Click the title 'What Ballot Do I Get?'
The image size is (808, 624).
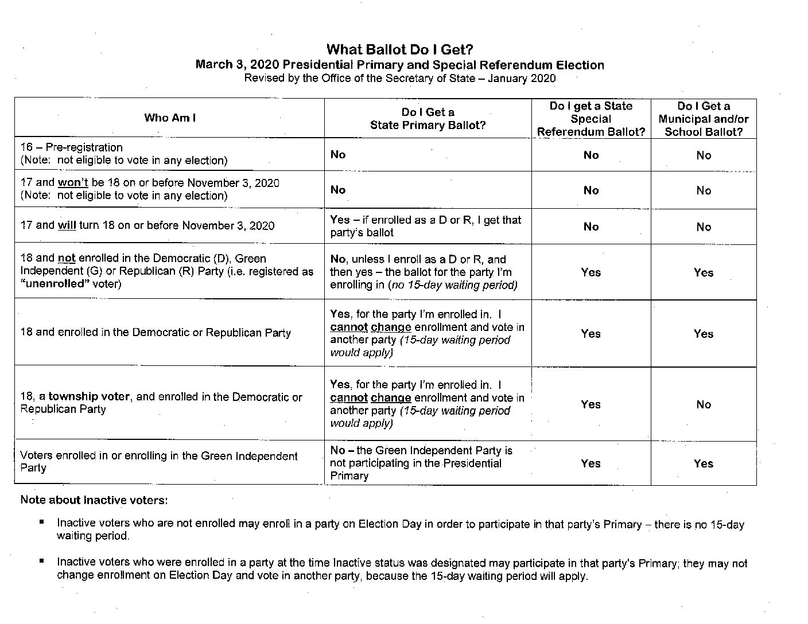pos(399,49)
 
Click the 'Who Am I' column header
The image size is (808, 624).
pos(170,118)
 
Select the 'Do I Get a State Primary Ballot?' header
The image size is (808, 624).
pos(428,119)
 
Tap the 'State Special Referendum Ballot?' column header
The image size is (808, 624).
pos(591,119)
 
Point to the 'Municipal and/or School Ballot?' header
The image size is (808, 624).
pos(703,119)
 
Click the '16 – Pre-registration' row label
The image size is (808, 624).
pos(72,147)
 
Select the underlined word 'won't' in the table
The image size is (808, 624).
pos(72,183)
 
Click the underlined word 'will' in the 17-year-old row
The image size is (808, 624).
pos(67,225)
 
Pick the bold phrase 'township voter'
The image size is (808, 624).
pos(89,397)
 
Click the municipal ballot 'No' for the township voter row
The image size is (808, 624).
pos(704,404)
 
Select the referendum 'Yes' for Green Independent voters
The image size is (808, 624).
pos(591,463)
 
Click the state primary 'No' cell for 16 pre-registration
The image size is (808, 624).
pos(338,154)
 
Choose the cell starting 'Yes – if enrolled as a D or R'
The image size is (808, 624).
pos(425,226)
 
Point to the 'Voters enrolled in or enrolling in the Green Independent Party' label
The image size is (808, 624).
pos(158,462)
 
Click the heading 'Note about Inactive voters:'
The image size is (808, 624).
pos(94,500)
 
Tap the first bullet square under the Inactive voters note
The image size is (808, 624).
pos(42,522)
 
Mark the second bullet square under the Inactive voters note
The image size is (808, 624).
pos(42,561)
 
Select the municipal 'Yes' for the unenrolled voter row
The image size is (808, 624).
pos(703,272)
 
